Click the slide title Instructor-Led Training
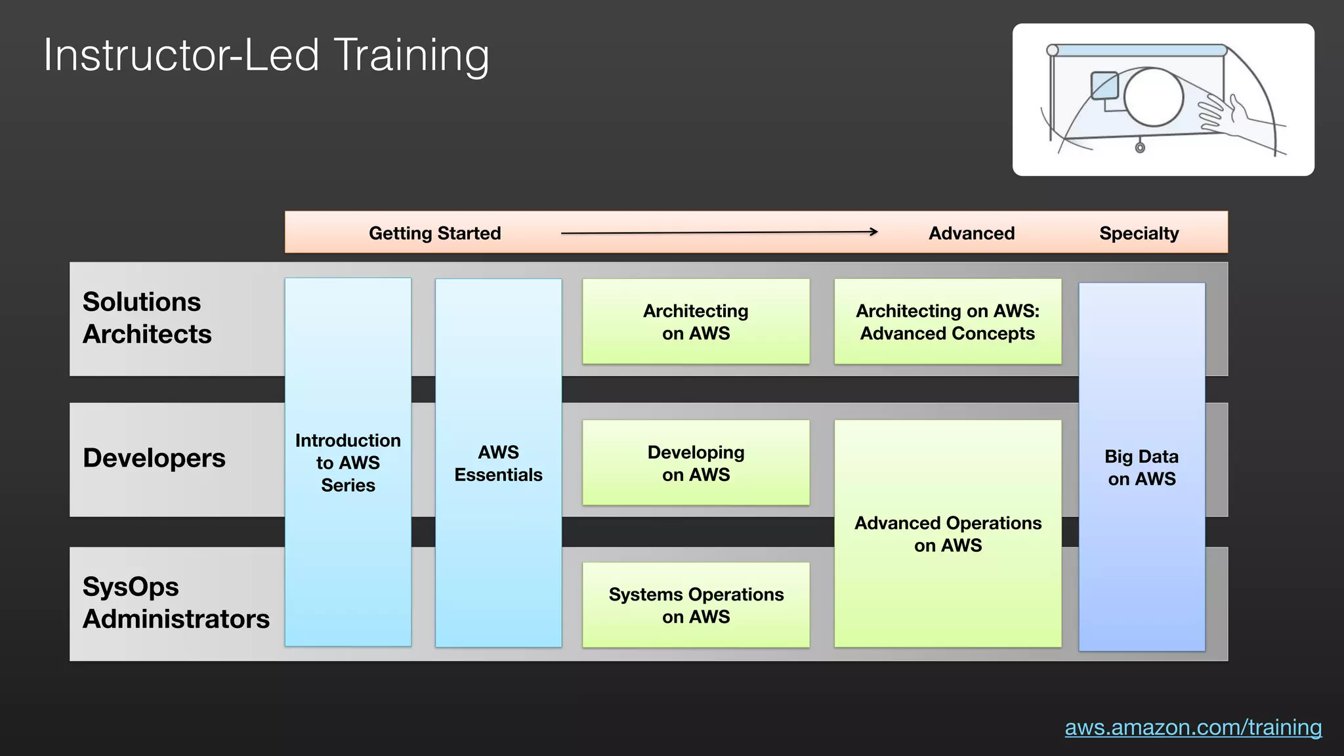[266, 55]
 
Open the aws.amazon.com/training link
[1192, 727]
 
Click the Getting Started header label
[434, 233]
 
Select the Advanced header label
[971, 233]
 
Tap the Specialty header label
[1139, 233]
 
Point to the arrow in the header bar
[719, 232]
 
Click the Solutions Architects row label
[147, 318]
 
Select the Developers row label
[154, 458]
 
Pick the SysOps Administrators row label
[175, 602]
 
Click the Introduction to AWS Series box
[348, 462]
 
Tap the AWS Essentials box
[498, 463]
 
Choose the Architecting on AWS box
[696, 322]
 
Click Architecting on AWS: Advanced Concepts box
[947, 322]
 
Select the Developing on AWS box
[696, 463]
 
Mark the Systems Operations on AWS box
[696, 604]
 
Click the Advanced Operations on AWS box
[947, 534]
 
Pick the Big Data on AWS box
[1141, 467]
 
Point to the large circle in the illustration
[1153, 97]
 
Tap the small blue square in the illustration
[1104, 85]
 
